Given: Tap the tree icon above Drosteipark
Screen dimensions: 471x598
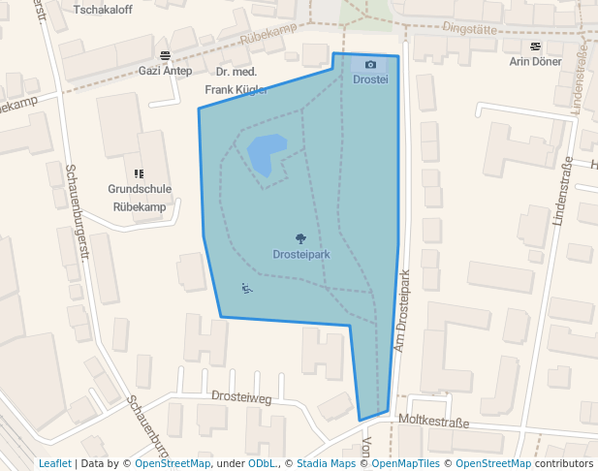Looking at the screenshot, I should [300, 237].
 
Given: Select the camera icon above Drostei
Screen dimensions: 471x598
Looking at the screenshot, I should [370, 64].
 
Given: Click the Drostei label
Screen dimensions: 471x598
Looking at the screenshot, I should [370, 79].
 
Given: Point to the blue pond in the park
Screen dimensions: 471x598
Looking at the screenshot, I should [265, 153].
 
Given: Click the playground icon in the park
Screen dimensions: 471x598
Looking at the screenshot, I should [246, 287].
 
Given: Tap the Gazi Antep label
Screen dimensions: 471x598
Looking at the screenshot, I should [165, 71].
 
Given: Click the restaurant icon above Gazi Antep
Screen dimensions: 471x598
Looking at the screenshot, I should [165, 55].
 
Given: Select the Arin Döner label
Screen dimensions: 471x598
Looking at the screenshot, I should [536, 61].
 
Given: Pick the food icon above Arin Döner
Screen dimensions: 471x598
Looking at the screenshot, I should [536, 46].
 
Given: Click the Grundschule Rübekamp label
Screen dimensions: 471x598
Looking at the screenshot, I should [140, 198].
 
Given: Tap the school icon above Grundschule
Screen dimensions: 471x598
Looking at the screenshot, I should [140, 173].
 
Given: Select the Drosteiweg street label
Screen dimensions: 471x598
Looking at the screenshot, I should [241, 396].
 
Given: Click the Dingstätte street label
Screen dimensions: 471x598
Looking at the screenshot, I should [469, 29].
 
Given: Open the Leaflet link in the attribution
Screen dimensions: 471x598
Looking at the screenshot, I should [54, 463].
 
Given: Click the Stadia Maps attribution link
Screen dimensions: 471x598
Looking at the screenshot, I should [326, 463].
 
